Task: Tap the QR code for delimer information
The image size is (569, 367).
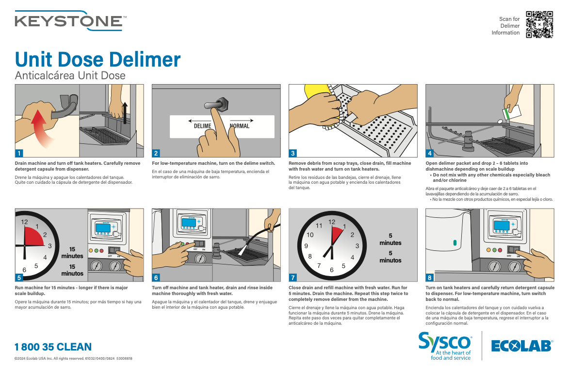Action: [x=539, y=24]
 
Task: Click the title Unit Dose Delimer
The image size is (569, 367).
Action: [x=98, y=59]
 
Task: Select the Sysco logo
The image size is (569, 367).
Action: [x=445, y=345]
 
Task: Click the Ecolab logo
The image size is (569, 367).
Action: [x=521, y=346]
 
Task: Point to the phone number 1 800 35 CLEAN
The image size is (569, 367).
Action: [x=53, y=347]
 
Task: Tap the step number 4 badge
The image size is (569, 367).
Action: [x=430, y=153]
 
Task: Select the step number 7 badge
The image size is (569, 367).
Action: [x=293, y=278]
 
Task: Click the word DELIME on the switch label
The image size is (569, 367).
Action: [x=202, y=126]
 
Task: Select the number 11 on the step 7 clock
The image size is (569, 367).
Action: [x=319, y=226]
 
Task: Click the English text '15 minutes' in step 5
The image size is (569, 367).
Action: [x=72, y=252]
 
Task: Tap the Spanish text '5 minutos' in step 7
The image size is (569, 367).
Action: [x=390, y=257]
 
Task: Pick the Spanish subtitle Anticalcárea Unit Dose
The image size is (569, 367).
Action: [x=70, y=75]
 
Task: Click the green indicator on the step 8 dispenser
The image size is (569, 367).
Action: [x=455, y=242]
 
